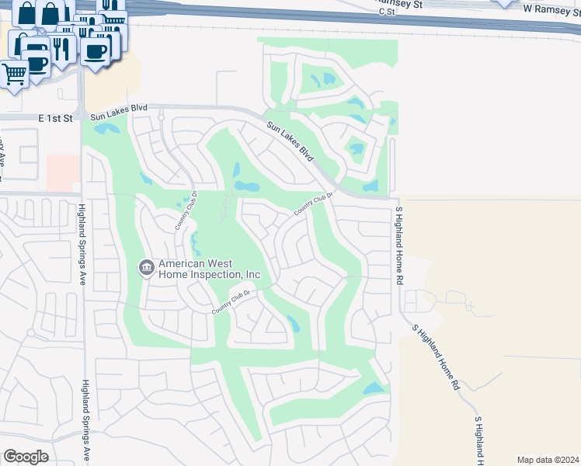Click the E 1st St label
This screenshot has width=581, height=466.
pos(55,118)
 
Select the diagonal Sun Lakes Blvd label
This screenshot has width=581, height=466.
pos(290,141)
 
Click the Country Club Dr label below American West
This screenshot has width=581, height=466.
pos(233,301)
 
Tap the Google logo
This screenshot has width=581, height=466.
pos(26,457)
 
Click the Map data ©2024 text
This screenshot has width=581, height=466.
pos(548,459)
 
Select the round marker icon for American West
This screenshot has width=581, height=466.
pos(146,268)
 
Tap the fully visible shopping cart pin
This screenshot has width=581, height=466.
pos(14,75)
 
